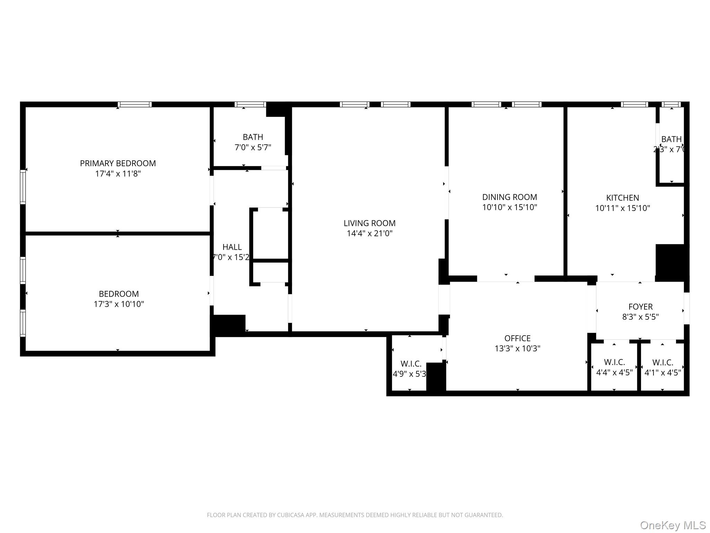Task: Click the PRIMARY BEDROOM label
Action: pos(118,163)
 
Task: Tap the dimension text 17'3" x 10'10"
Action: pos(119,304)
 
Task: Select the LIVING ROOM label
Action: pos(370,223)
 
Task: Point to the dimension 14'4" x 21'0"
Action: pos(370,233)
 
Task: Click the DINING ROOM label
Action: pos(510,197)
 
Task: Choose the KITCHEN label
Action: pos(622,198)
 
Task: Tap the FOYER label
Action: pos(640,307)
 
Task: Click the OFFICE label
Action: pos(517,338)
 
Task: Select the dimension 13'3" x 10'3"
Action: pos(517,348)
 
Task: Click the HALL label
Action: pos(232,247)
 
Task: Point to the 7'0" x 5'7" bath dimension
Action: pos(253,147)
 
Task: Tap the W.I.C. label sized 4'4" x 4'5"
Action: pos(614,362)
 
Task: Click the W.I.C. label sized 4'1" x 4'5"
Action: pos(663,362)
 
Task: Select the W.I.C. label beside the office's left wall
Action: pos(411,364)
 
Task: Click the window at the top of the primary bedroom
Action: pos(135,104)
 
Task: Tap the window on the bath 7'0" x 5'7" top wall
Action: pos(250,104)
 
